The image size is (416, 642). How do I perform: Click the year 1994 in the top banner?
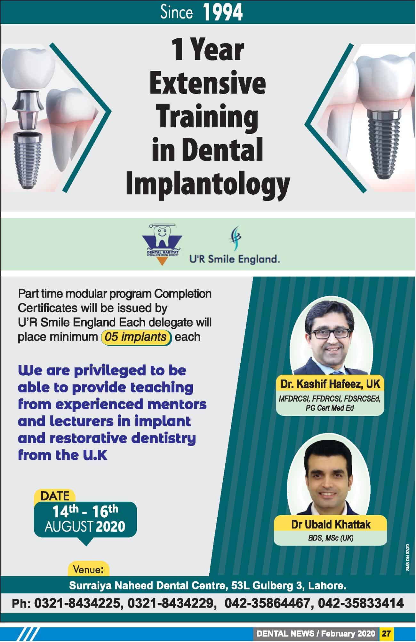tap(223, 13)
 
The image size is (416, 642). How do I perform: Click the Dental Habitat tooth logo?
tap(162, 244)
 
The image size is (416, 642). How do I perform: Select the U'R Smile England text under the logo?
tap(235, 259)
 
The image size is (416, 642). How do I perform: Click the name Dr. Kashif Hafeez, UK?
tap(330, 384)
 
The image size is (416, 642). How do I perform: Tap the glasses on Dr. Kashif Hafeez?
tap(330, 333)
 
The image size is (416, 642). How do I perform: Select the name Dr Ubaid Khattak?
tap(331, 524)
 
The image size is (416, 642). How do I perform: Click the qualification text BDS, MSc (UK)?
tap(331, 538)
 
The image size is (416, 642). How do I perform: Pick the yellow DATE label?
tap(55, 496)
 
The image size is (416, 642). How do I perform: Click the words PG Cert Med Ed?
tap(330, 408)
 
